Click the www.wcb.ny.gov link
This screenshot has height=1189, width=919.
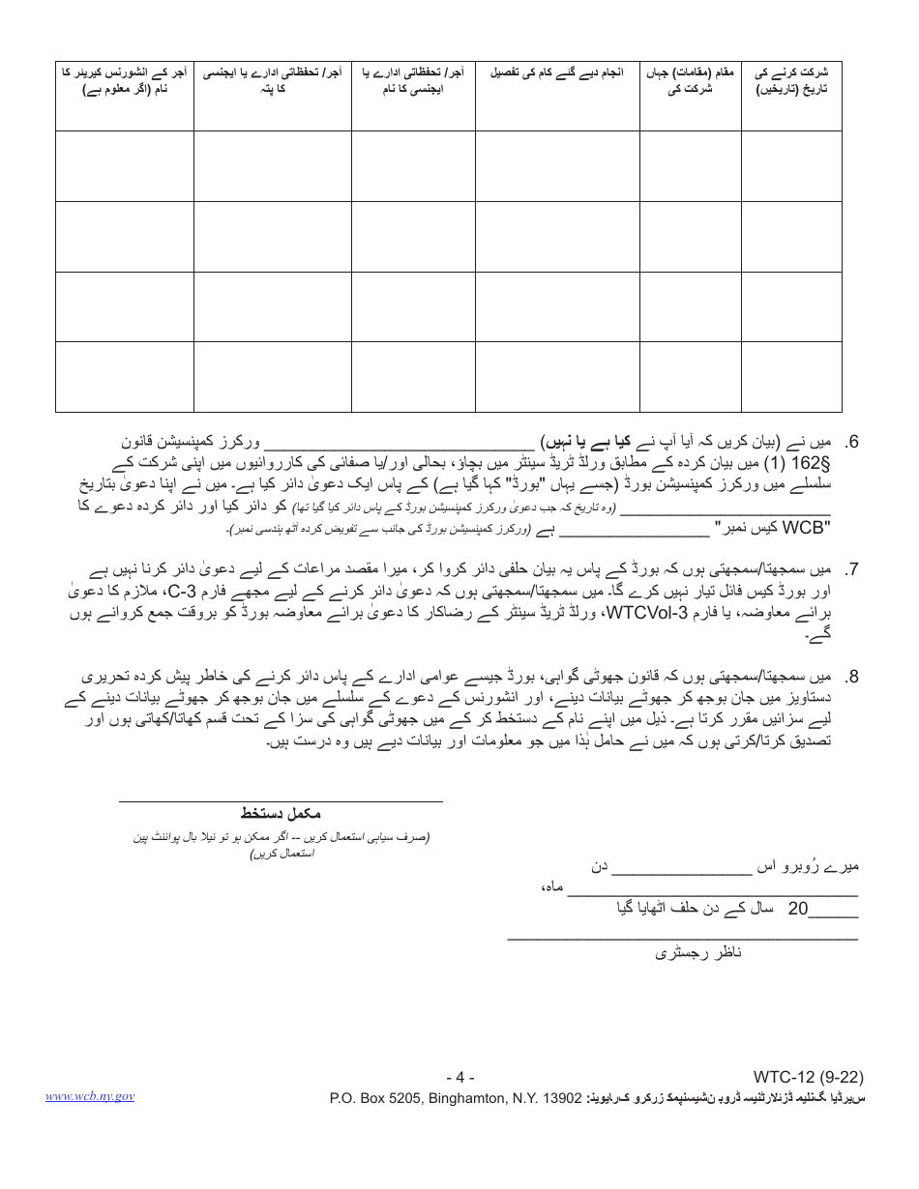coord(89,1096)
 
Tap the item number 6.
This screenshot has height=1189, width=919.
coord(852,443)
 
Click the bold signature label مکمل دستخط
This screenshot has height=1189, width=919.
coord(281,814)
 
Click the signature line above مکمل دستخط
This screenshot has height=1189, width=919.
coord(281,801)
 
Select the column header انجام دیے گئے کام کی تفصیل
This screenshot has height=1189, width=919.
coord(556,72)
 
